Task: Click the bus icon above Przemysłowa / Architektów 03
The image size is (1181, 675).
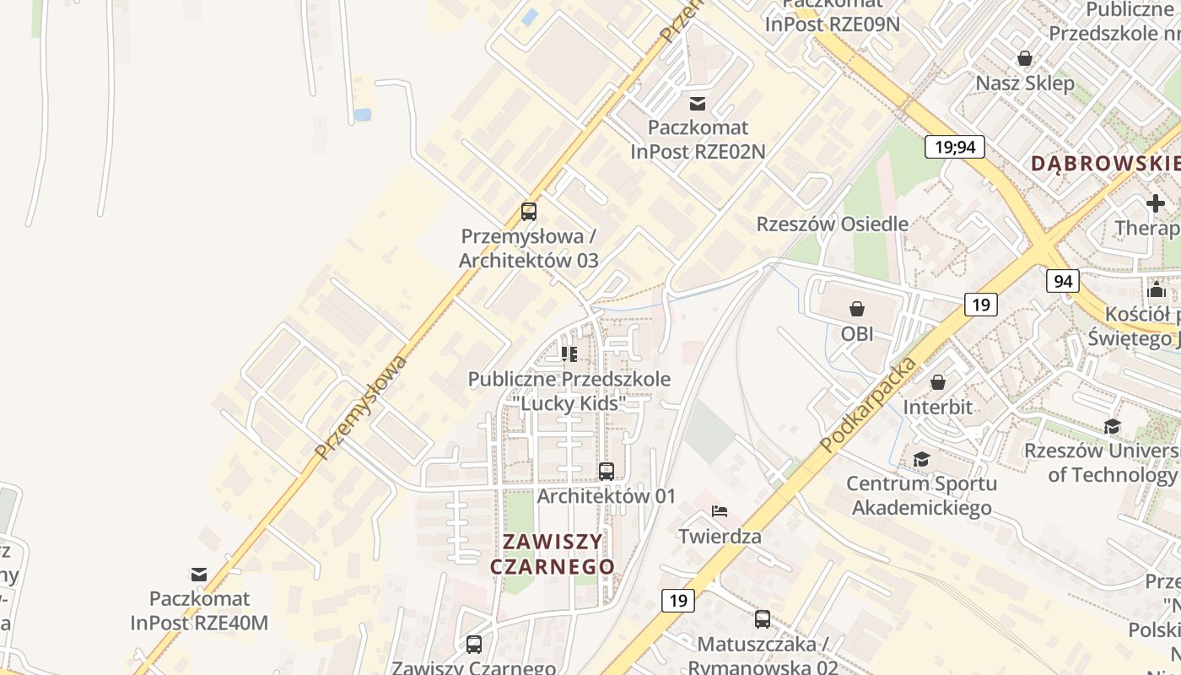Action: pyautogui.click(x=529, y=212)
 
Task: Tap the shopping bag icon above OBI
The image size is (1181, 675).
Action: pyautogui.click(x=857, y=309)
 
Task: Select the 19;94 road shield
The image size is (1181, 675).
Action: pyautogui.click(x=955, y=147)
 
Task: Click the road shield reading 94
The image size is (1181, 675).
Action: pyautogui.click(x=1063, y=281)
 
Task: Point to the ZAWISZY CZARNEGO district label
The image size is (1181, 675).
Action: pyautogui.click(x=553, y=553)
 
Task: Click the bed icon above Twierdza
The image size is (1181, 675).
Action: pyautogui.click(x=720, y=511)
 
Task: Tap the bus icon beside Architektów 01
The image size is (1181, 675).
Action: pyautogui.click(x=607, y=472)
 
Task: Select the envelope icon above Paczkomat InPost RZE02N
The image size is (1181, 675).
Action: pyautogui.click(x=698, y=104)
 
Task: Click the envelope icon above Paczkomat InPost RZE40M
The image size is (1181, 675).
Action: pyautogui.click(x=199, y=575)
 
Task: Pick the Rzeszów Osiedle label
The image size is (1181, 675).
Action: pyautogui.click(x=832, y=224)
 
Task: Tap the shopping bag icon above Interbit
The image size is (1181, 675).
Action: pyautogui.click(x=938, y=383)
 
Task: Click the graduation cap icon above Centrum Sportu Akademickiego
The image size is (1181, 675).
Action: pyautogui.click(x=921, y=460)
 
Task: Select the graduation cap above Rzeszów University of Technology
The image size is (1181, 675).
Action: pyautogui.click(x=1113, y=427)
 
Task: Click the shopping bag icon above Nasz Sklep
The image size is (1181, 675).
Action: pyautogui.click(x=1025, y=58)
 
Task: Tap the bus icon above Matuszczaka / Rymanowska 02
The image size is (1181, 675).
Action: pyautogui.click(x=763, y=619)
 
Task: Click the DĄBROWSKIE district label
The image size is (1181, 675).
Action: pyautogui.click(x=1105, y=164)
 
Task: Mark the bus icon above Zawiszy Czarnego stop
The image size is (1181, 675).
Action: pyautogui.click(x=474, y=645)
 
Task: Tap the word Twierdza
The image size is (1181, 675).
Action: pyautogui.click(x=720, y=537)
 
